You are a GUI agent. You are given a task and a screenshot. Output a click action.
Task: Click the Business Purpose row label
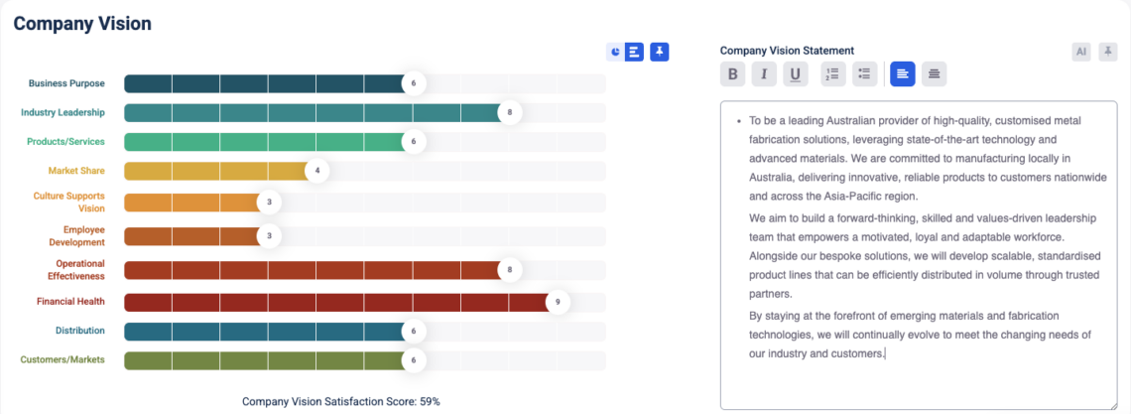click(x=66, y=83)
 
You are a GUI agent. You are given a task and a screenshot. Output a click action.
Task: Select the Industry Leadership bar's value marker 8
click(x=510, y=113)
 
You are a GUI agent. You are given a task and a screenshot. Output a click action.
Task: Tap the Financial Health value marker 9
click(x=558, y=301)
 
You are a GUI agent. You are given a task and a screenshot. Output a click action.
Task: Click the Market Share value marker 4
click(x=317, y=171)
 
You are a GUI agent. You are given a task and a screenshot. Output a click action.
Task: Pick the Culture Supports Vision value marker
click(x=269, y=203)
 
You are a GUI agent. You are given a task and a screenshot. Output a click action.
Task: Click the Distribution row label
click(x=80, y=331)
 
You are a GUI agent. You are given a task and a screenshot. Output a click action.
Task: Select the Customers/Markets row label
click(x=63, y=359)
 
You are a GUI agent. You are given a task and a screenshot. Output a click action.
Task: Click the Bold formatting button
click(x=732, y=73)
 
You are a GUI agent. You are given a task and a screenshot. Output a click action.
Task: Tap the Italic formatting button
click(x=764, y=73)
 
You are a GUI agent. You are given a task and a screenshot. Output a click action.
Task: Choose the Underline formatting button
click(x=795, y=73)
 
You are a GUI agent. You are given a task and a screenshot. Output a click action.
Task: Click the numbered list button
click(x=833, y=73)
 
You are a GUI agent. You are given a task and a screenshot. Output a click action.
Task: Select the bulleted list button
click(x=864, y=73)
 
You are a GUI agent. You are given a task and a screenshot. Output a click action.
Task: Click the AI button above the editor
click(x=1081, y=52)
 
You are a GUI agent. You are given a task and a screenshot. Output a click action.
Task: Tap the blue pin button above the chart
click(x=660, y=52)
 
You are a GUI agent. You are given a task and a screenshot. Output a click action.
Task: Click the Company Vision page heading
click(x=82, y=23)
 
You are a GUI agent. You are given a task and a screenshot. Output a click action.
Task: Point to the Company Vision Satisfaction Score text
click(x=340, y=402)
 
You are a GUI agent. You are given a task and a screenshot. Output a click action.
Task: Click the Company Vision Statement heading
click(x=787, y=51)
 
